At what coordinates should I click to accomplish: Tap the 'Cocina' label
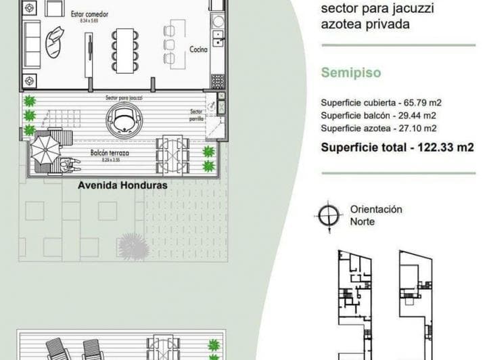[198, 49]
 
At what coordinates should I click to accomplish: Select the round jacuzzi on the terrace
[124, 120]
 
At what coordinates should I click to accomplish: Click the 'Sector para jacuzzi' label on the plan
[124, 98]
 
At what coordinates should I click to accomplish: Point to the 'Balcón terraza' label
[110, 154]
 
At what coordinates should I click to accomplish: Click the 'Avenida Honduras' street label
[122, 184]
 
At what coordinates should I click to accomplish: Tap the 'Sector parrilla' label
[196, 114]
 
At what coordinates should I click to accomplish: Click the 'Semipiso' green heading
[350, 72]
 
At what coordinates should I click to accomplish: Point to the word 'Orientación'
[376, 210]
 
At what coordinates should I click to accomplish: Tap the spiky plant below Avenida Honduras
[133, 246]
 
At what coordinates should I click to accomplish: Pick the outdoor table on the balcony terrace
[172, 155]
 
